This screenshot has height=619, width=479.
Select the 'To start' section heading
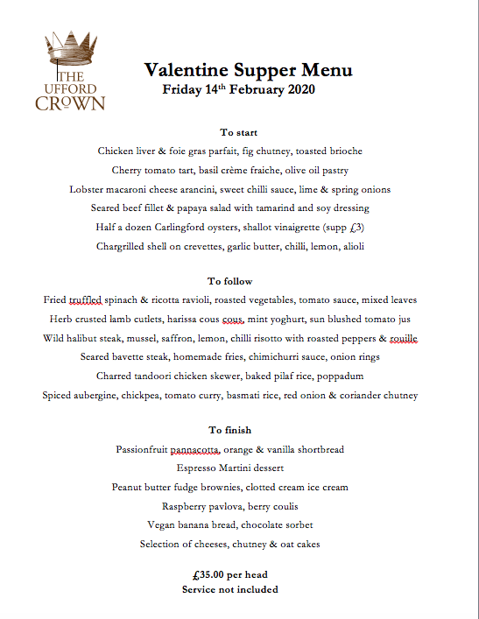coord(238,132)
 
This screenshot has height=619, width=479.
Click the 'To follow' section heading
coord(230,281)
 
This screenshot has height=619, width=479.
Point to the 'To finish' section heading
coord(229,430)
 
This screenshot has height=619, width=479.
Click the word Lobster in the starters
coord(89,189)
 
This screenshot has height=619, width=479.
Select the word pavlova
coord(230,507)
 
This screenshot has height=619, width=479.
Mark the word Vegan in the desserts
coord(166,525)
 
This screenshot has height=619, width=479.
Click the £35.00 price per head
coord(212,575)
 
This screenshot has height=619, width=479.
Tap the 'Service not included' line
coord(230,589)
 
